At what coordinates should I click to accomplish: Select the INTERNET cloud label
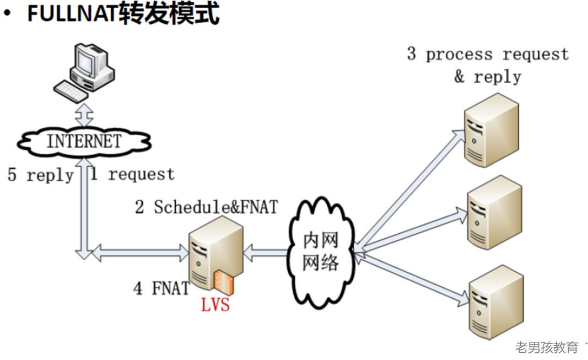pos(83,141)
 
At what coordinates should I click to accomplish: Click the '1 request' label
pos(132,175)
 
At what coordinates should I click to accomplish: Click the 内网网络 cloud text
pos(321,251)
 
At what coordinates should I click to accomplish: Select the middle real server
pos(494,212)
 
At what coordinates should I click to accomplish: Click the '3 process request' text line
pos(488,55)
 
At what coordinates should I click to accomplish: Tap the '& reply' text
pos(488,77)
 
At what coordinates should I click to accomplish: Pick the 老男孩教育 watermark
pos(547,348)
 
